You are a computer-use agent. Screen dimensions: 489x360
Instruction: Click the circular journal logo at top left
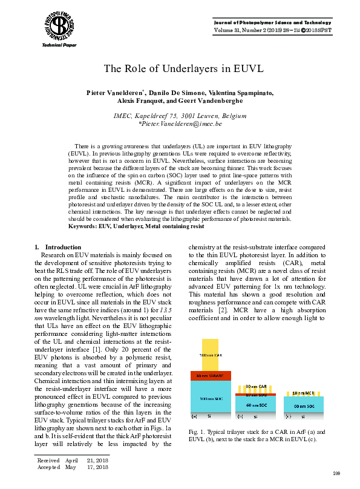pos(59,25)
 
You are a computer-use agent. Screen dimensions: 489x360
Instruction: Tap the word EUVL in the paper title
pos(247,68)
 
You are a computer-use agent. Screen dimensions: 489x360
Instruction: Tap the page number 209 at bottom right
pos(338,471)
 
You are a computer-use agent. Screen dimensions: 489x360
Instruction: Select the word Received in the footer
pos(49,460)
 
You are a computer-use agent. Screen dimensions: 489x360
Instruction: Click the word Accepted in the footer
pos(49,467)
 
